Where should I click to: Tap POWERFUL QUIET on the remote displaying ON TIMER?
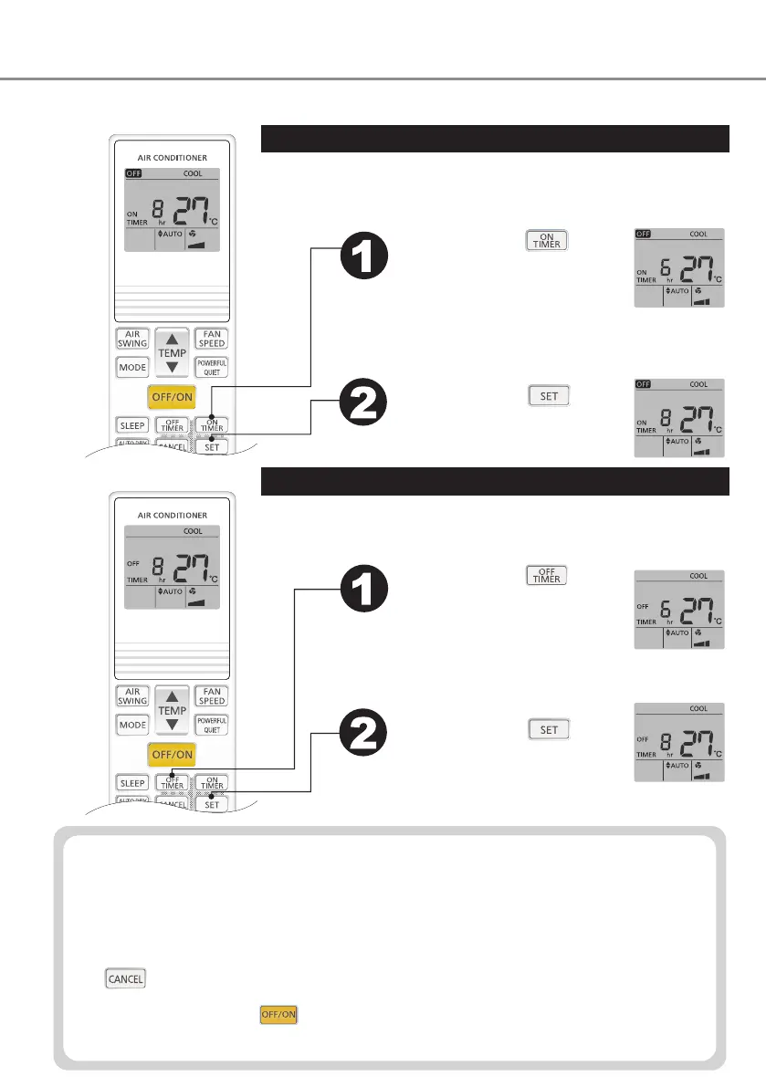[212, 367]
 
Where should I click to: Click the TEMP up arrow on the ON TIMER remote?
[172, 339]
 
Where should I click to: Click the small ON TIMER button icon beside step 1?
[546, 241]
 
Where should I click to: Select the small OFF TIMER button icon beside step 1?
[546, 575]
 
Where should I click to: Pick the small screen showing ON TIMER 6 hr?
[678, 267]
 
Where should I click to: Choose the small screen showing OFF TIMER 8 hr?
[678, 742]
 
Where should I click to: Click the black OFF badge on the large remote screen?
[133, 173]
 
